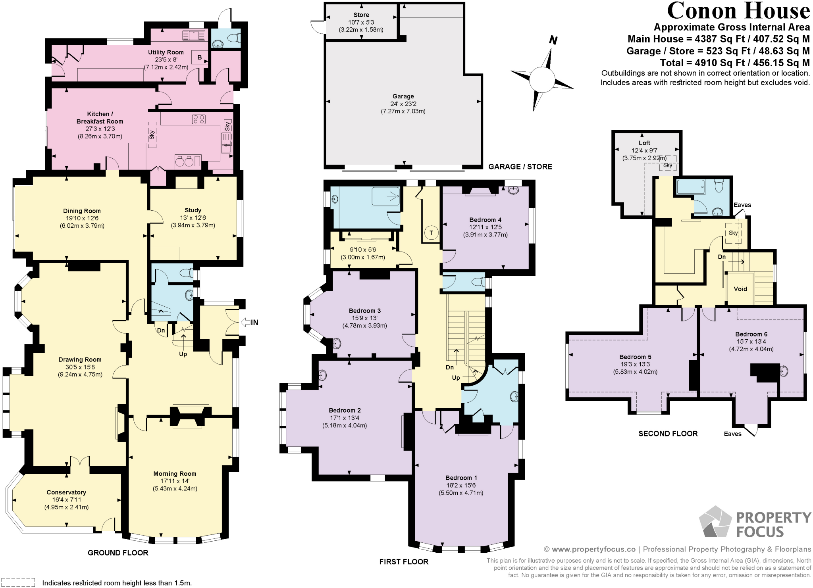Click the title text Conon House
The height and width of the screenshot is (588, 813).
pyautogui.click(x=738, y=11)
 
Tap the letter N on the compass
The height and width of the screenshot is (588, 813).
pyautogui.click(x=553, y=40)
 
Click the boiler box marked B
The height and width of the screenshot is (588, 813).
pyautogui.click(x=200, y=58)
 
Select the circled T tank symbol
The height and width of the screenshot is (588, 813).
pyautogui.click(x=431, y=233)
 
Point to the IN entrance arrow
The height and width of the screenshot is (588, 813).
pyautogui.click(x=250, y=322)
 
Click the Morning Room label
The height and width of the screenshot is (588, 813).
pyautogui.click(x=175, y=474)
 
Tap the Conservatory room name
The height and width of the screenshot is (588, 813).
pyautogui.click(x=66, y=492)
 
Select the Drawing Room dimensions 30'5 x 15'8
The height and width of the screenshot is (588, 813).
pyautogui.click(x=80, y=367)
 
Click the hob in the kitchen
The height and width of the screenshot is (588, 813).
pyautogui.click(x=199, y=119)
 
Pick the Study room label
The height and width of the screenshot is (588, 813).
pyautogui.click(x=193, y=210)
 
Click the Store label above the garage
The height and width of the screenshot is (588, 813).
pyautogui.click(x=361, y=15)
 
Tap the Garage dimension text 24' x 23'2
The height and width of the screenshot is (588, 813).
pyautogui.click(x=403, y=104)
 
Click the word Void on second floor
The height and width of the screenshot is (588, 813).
pyautogui.click(x=740, y=289)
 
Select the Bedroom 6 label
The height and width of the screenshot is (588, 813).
pyautogui.click(x=751, y=334)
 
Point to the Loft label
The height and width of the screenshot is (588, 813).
pyautogui.click(x=644, y=143)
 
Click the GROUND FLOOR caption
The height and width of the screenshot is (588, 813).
pyautogui.click(x=118, y=553)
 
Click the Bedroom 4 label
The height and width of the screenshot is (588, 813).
pyautogui.click(x=485, y=220)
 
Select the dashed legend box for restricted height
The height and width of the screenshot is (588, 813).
pyautogui.click(x=18, y=582)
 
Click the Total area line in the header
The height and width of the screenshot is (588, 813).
pyautogui.click(x=734, y=63)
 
